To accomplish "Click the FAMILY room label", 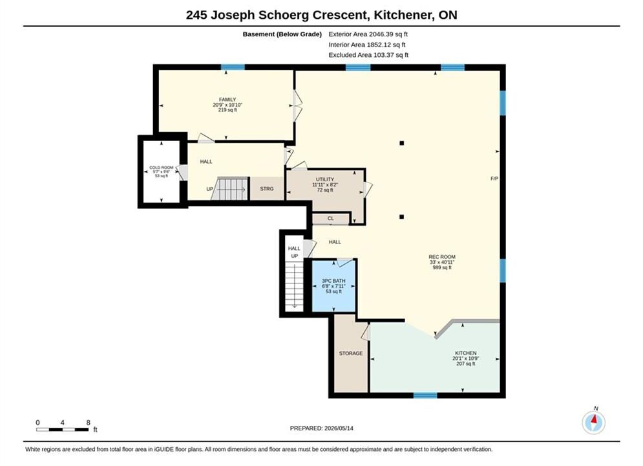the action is click(227, 100).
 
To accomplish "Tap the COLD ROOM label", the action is click(161, 168).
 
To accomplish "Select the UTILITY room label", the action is click(325, 179).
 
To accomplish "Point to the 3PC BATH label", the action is click(333, 281).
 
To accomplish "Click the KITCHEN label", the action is click(465, 353).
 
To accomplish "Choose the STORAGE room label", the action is click(351, 353).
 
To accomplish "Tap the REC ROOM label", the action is click(442, 256).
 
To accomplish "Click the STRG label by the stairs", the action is click(266, 188).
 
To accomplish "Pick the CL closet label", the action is click(330, 218).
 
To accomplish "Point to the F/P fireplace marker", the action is click(494, 179).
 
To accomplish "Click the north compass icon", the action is click(594, 422).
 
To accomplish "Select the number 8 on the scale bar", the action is click(88, 423).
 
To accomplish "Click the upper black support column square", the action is click(402, 143).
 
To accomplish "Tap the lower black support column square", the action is click(402, 217).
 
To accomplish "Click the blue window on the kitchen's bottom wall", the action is click(425, 395).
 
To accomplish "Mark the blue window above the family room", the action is click(233, 67).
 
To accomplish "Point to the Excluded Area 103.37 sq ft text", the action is click(368, 54).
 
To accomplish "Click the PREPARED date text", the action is click(322, 428).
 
